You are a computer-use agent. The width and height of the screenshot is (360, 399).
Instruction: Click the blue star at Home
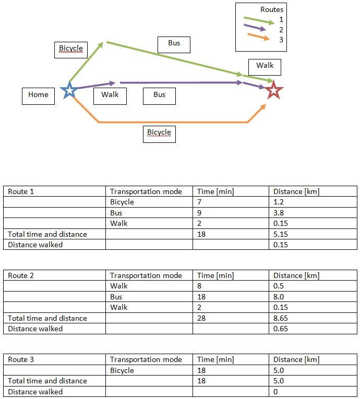coord(69,90)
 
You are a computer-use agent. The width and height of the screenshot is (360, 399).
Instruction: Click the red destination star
coord(273,90)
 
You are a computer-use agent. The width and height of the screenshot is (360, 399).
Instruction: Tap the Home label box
coord(38,96)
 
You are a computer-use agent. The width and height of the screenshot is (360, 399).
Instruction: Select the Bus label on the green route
coord(174,44)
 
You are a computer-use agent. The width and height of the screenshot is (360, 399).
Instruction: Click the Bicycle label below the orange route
coord(159,134)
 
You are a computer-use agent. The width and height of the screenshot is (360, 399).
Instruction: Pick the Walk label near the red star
coord(265,67)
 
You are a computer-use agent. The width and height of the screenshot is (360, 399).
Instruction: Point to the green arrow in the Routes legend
coord(259,21)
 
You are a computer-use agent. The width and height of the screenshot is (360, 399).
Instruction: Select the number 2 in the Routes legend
coord(281,30)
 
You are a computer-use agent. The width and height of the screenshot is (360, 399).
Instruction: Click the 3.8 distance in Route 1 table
coord(279,213)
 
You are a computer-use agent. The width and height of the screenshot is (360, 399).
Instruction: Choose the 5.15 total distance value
coord(281,234)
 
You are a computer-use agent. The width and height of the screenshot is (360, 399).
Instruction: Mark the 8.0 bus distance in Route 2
coord(279,297)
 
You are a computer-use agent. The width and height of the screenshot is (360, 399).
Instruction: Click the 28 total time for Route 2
coord(201,318)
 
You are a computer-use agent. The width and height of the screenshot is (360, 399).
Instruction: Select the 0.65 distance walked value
coord(281,329)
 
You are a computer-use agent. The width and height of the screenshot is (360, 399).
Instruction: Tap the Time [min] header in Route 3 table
coord(215,359)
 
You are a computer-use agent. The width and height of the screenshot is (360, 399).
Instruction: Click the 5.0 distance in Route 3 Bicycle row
coord(279,370)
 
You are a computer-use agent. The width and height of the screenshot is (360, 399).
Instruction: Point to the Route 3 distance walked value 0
coord(275,392)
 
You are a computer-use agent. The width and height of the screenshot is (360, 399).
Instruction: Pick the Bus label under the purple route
coord(159,96)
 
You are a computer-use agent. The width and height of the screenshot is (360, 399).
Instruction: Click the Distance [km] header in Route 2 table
coord(296,275)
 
